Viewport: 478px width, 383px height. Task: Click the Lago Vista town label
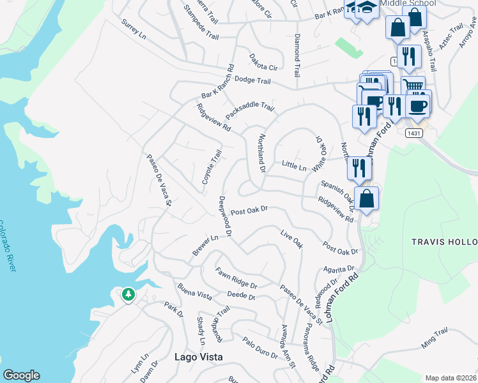pos(199,357)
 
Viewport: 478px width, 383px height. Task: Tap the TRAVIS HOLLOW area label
pos(444,242)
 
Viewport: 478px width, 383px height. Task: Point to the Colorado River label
pos(7,246)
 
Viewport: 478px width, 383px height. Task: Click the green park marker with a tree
pos(128,294)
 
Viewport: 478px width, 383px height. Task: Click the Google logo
pos(21,375)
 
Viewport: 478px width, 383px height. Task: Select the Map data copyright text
pos(451,378)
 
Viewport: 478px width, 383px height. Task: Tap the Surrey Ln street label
pos(134,29)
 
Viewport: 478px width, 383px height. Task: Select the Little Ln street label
pos(295,166)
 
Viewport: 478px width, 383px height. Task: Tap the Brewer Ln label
pos(206,246)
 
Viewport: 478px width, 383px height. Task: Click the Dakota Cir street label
pos(264,62)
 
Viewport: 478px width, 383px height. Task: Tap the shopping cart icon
pos(413,85)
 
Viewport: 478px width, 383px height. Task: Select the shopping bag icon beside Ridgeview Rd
pos(367,197)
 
